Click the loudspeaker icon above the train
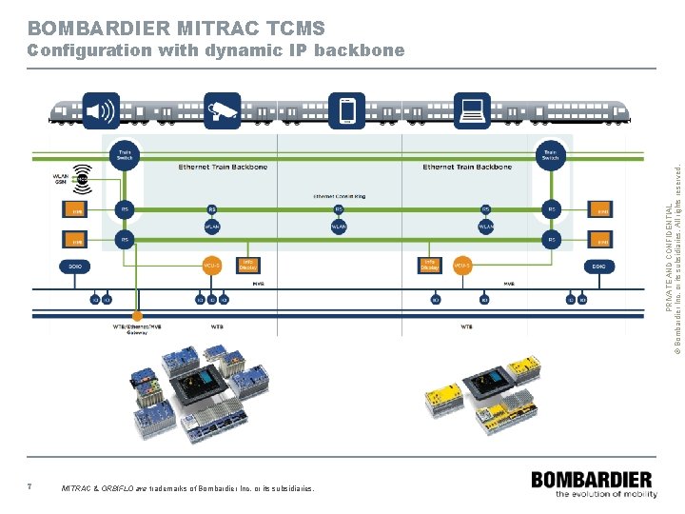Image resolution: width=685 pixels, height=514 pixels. click(x=101, y=110)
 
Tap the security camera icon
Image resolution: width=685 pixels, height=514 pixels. click(x=224, y=110)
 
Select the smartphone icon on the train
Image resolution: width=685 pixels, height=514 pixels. click(x=347, y=110)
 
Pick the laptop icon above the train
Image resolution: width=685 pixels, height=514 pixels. click(x=471, y=110)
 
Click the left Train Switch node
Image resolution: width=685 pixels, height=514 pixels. click(x=125, y=153)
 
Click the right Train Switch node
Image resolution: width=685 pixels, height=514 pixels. click(x=551, y=153)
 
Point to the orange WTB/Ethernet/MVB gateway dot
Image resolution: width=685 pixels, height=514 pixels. click(x=137, y=315)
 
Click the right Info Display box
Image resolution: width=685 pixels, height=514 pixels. click(x=429, y=266)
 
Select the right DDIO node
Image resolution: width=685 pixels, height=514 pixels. click(x=598, y=267)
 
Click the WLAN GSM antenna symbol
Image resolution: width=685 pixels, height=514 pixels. click(x=84, y=178)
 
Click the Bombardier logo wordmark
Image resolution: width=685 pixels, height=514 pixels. click(x=592, y=480)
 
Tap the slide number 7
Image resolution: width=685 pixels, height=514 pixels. click(x=30, y=487)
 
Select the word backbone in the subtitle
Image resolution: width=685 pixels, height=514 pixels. click(x=361, y=50)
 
